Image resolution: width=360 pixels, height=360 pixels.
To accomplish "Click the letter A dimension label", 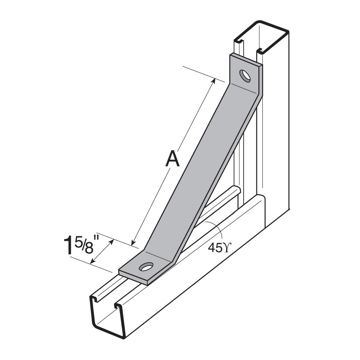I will tap(172, 159).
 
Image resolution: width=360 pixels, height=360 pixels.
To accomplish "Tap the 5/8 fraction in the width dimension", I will tap(84, 245).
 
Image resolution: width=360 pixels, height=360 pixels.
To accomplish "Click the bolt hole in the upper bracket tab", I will tap(245, 76).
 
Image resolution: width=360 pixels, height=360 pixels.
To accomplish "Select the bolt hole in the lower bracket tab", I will tap(147, 266).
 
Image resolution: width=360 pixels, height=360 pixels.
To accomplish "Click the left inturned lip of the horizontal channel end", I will tap(94, 299).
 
